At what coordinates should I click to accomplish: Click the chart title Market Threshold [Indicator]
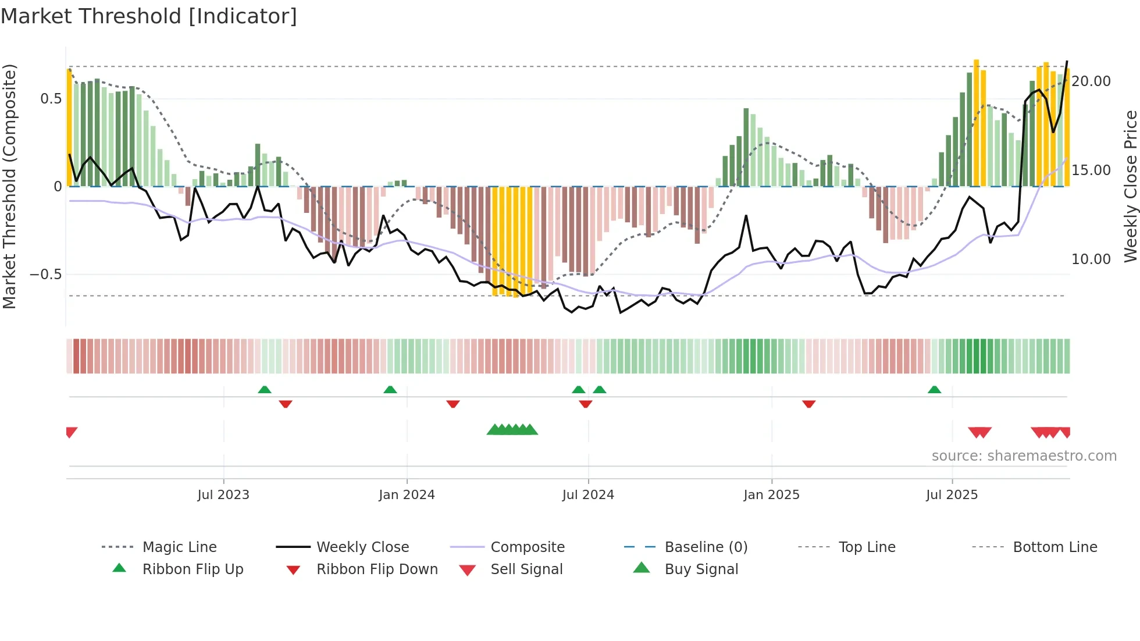149,16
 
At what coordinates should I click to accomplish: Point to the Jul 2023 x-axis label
223,495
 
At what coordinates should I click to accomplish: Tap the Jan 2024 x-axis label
407,495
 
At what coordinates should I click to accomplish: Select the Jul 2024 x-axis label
588,495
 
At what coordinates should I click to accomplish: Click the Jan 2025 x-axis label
771,495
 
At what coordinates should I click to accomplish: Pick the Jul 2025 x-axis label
952,495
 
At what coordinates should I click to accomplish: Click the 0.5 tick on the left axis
51,99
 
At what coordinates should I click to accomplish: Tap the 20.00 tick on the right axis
1091,81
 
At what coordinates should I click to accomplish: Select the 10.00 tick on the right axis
1091,259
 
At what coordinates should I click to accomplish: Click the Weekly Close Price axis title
1130,186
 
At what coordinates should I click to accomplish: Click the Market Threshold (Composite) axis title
9,186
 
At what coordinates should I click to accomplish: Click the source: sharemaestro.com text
1024,456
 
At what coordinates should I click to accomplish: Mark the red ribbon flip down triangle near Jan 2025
808,404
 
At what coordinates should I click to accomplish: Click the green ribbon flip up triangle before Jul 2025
934,390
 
